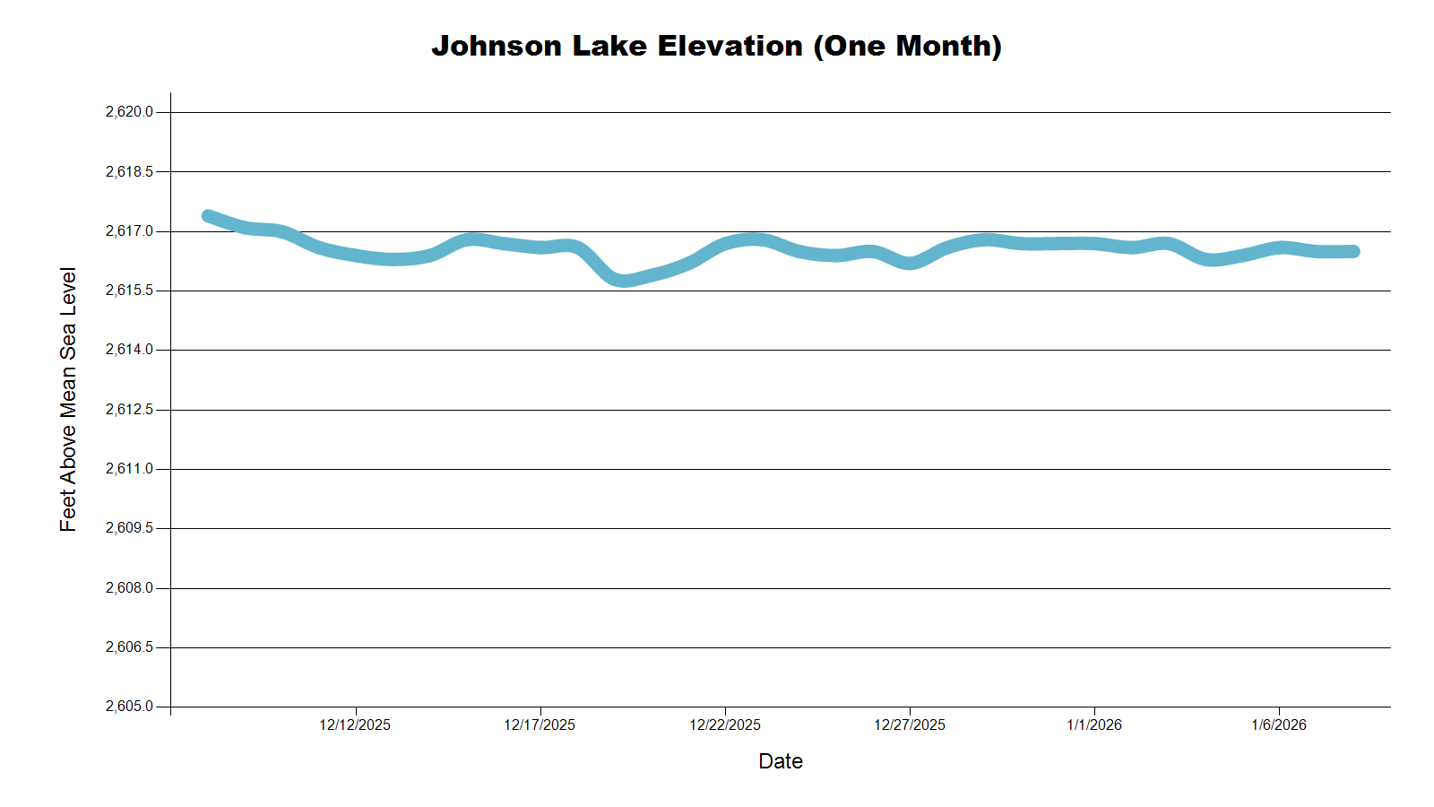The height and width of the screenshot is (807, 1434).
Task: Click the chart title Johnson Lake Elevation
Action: pyautogui.click(x=716, y=46)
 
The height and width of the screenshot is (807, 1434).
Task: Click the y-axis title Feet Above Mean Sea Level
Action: pyautogui.click(x=68, y=399)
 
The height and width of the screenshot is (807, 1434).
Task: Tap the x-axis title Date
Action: pyautogui.click(x=780, y=761)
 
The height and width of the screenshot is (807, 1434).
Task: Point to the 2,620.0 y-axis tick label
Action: pyautogui.click(x=129, y=112)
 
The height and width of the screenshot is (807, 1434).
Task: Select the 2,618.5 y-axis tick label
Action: pyautogui.click(x=129, y=171)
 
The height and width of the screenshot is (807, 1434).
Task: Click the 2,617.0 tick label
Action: pyautogui.click(x=129, y=231)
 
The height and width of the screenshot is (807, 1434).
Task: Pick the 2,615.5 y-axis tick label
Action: pyautogui.click(x=129, y=291)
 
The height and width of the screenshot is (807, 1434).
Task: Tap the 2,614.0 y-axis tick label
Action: pyautogui.click(x=129, y=350)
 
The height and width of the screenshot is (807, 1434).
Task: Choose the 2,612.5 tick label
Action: pyautogui.click(x=129, y=410)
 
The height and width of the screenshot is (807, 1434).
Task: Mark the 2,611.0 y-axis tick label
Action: pyautogui.click(x=129, y=469)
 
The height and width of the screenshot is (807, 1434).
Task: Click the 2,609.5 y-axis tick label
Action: pyautogui.click(x=129, y=528)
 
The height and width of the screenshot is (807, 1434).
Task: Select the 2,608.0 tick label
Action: pyautogui.click(x=129, y=588)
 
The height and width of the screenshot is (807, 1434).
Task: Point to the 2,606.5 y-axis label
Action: pyautogui.click(x=129, y=647)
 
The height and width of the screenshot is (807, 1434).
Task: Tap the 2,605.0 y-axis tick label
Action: pyautogui.click(x=129, y=707)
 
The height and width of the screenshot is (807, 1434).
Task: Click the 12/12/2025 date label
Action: pyautogui.click(x=355, y=725)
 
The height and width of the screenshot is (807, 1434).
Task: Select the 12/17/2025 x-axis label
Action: pyautogui.click(x=540, y=725)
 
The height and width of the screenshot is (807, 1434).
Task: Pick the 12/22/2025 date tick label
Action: pyautogui.click(x=725, y=725)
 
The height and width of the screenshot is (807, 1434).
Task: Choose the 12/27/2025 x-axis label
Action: pyautogui.click(x=910, y=725)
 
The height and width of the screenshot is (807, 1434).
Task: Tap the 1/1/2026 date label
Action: pyautogui.click(x=1094, y=725)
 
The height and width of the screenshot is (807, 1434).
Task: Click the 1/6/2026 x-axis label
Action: pyautogui.click(x=1279, y=725)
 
